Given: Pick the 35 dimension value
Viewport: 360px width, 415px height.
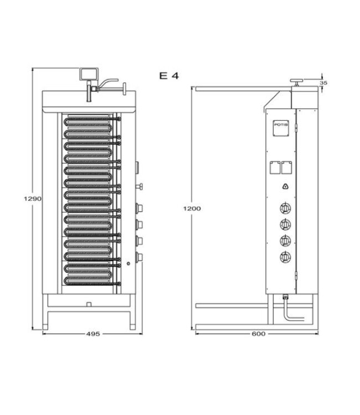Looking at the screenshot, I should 324,83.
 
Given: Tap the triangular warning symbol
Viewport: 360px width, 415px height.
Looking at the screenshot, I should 285,186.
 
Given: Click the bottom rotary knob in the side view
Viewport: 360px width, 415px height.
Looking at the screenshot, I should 286,256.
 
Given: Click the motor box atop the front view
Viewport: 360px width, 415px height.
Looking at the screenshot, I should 89,73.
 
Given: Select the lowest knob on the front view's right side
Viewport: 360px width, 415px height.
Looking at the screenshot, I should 138,257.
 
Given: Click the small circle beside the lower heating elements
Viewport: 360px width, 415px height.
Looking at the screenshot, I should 128,263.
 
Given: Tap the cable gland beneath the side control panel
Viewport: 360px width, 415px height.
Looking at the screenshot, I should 286,297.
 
